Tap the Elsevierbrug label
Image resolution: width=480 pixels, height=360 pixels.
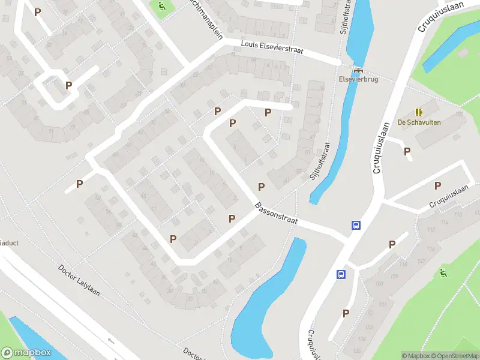pos(358,80)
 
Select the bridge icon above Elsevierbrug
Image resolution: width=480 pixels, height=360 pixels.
pos(358,69)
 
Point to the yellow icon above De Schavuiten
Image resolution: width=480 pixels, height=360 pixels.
pos(418,112)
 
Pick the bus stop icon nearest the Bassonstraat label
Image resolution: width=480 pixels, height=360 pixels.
pos(356,226)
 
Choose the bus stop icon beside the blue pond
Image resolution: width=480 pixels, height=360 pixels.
pos(341,274)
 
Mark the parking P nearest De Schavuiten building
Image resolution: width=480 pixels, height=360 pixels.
pos(407,152)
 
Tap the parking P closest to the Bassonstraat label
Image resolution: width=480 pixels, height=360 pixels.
pos(262,187)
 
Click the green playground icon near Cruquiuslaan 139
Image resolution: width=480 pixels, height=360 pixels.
pos(443,274)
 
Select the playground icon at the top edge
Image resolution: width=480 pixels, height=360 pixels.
pos(161,7)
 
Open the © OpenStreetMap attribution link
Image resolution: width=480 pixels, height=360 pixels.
pos(455,356)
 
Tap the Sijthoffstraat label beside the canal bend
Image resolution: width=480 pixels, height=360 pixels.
pos(321,161)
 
